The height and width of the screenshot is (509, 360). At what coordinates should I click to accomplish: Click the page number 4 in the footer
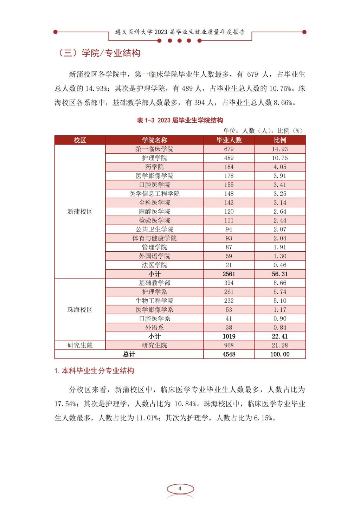pos(180,489)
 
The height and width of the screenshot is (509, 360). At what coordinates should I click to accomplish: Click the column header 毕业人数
pos(229,140)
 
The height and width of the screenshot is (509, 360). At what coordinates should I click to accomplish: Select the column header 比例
pos(280,140)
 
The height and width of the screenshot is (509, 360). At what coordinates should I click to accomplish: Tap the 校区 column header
pos(80,140)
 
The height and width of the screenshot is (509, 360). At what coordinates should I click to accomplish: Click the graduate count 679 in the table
pos(229,149)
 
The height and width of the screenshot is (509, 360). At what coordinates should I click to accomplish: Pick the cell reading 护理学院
pos(154,158)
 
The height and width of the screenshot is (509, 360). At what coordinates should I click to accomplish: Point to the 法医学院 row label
pos(154,265)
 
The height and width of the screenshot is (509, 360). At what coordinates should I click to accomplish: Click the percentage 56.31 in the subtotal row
pos(280,274)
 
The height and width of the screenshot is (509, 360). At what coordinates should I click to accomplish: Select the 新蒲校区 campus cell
pos(80,212)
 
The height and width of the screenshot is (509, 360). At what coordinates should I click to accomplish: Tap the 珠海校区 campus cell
pos(80,310)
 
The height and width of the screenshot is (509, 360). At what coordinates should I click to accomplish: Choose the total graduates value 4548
pos(229,354)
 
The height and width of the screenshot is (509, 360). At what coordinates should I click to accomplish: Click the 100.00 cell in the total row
pos(280,354)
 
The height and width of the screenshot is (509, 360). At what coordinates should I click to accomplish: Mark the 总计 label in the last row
pos(129,354)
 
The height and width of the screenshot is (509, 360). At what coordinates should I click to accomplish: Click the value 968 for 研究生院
pos(229,346)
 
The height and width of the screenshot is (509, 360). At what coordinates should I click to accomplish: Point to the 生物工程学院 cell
pos(154,301)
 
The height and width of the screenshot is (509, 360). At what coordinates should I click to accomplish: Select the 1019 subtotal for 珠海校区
pos(229,336)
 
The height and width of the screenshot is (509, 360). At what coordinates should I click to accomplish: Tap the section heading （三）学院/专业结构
pos(99,53)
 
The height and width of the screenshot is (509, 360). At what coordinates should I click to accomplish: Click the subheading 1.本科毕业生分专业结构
pos(94,371)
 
